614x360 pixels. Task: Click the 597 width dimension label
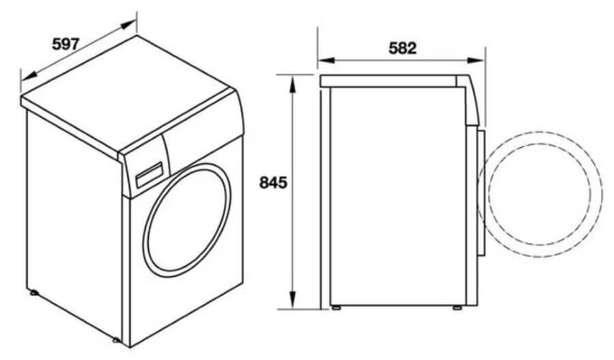tap(65, 44)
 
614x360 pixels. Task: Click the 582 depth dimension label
tap(403, 48)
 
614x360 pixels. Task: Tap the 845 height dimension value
tap(274, 182)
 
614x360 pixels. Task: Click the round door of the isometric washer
tap(187, 220)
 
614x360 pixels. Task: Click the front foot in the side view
tap(457, 307)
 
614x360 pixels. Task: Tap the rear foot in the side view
tap(336, 307)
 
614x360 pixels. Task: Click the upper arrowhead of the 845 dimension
tap(292, 84)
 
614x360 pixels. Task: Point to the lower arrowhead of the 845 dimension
tap(292, 299)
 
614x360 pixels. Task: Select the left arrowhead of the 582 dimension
tap(326, 60)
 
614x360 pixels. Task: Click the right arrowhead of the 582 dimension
tap(476, 60)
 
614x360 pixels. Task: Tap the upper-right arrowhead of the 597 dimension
tap(128, 25)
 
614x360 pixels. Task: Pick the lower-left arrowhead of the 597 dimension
tap(29, 76)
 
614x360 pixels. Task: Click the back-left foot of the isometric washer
tap(33, 292)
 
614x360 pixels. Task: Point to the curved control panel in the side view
tap(467, 100)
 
